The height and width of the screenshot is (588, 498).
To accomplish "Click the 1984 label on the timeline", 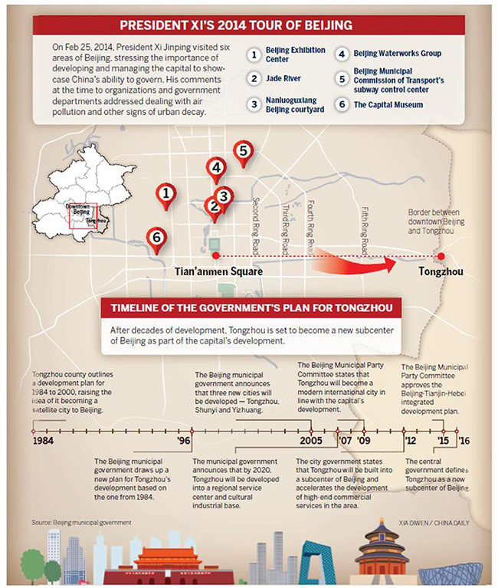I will tap(44, 442).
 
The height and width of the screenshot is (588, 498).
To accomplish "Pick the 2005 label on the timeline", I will tap(310, 442).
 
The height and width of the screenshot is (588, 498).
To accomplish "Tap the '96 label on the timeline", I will tap(184, 442).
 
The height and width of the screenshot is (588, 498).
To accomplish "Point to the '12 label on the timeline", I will tap(411, 442).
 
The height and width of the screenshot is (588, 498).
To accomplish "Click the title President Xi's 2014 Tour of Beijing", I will tap(248, 25).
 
